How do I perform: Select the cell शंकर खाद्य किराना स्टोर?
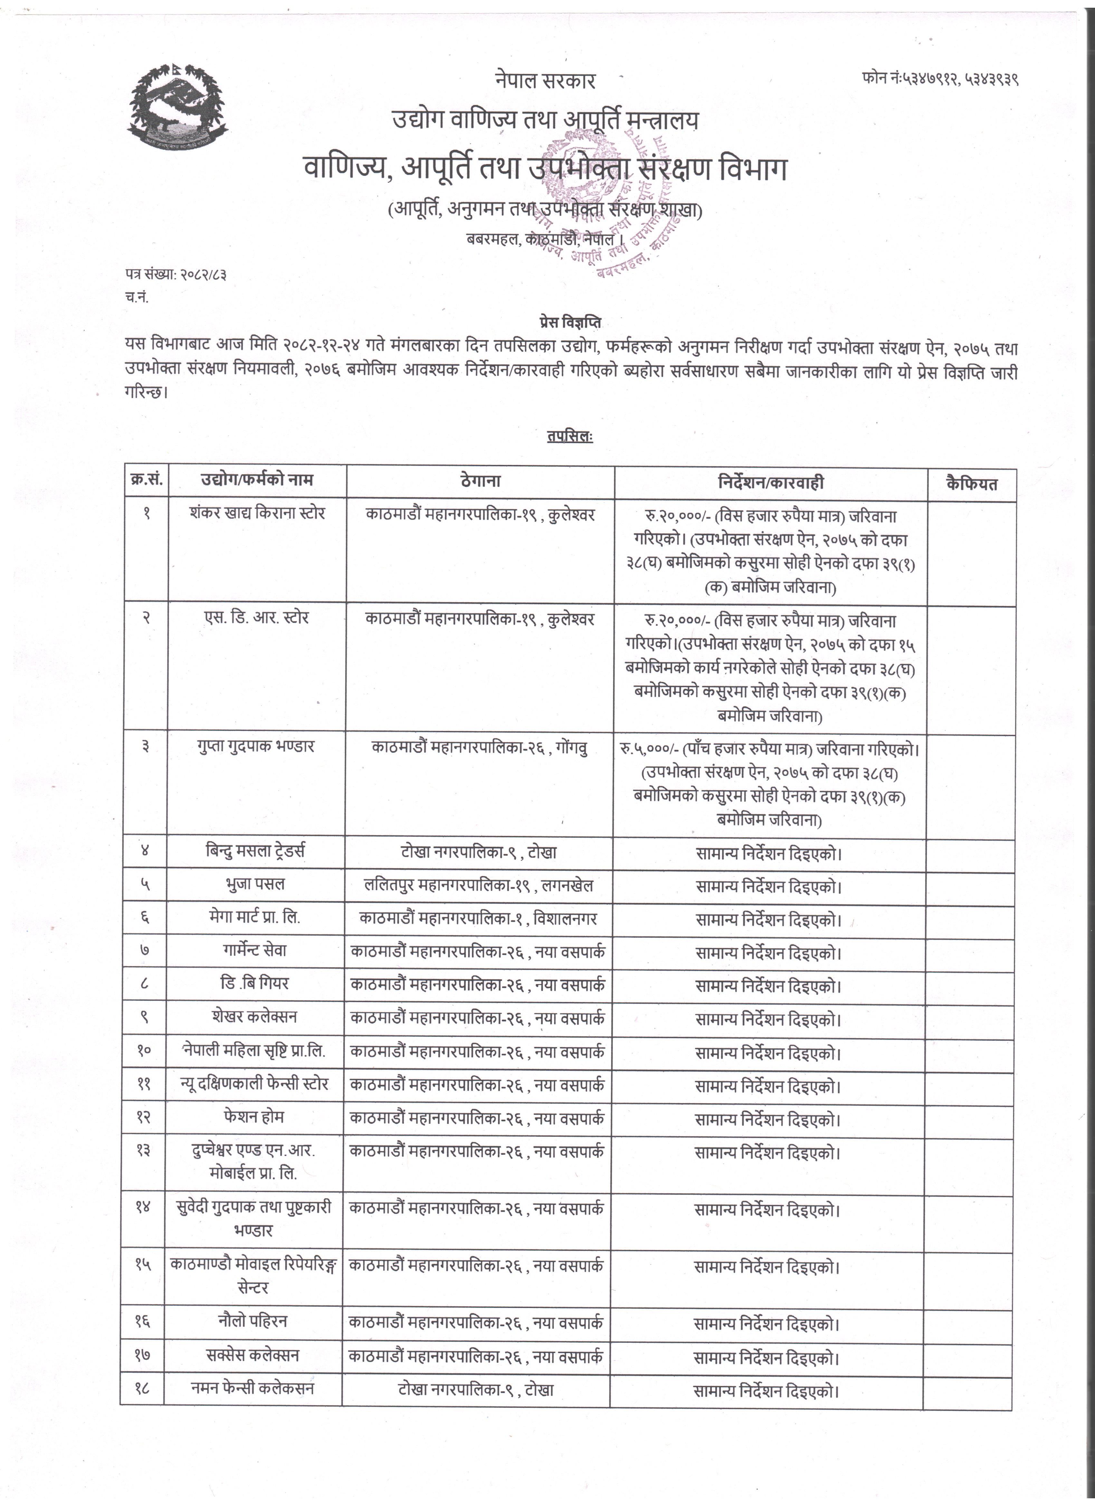point(257,513)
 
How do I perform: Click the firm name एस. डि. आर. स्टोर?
point(256,618)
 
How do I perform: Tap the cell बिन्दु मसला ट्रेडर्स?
point(256,851)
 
